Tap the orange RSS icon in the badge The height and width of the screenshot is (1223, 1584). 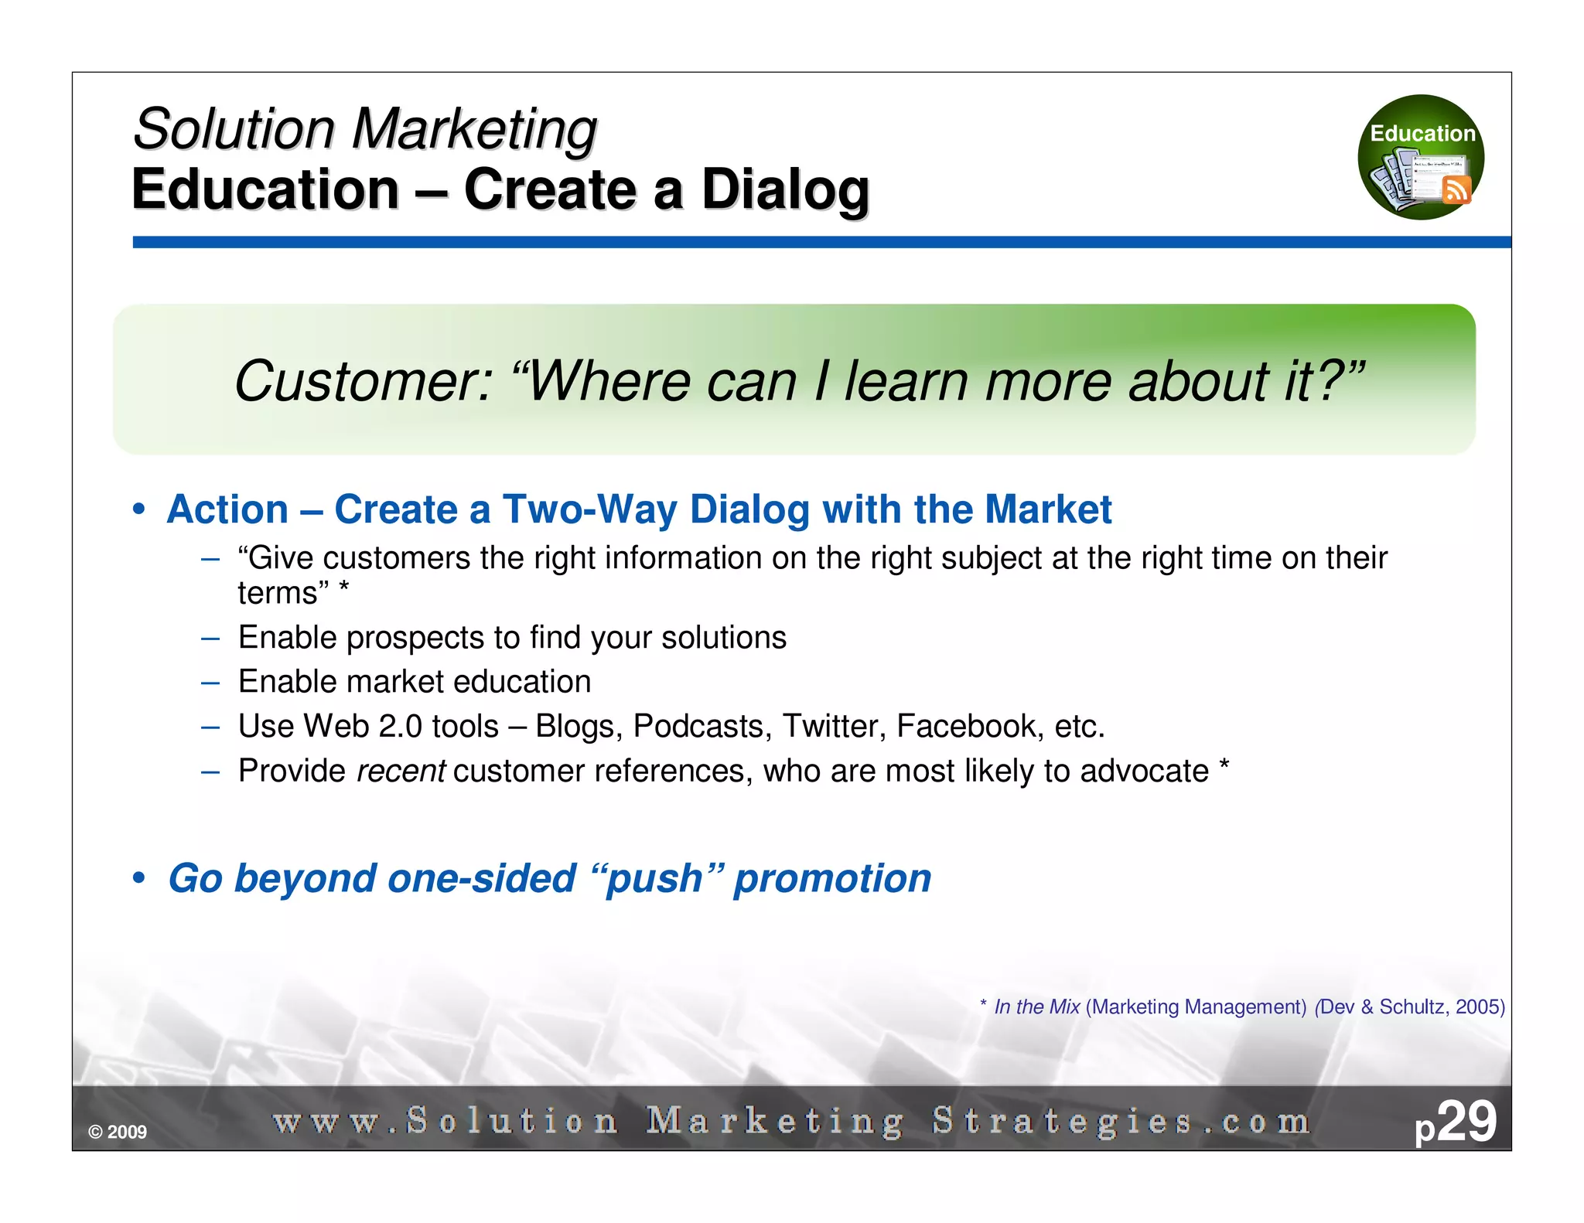point(1456,189)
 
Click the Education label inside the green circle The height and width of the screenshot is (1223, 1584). point(1422,133)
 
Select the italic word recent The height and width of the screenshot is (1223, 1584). point(400,771)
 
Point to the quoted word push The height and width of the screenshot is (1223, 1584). point(654,879)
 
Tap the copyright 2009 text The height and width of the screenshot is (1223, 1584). point(118,1132)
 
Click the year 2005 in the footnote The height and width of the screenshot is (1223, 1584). point(1477,1007)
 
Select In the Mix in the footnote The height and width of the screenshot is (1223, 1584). point(1036,1007)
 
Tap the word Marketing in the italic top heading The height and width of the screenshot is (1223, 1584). point(473,128)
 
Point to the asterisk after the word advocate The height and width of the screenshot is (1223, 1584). point(1224,767)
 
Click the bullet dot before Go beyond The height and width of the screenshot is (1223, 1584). point(138,878)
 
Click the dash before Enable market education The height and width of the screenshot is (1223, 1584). point(210,682)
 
